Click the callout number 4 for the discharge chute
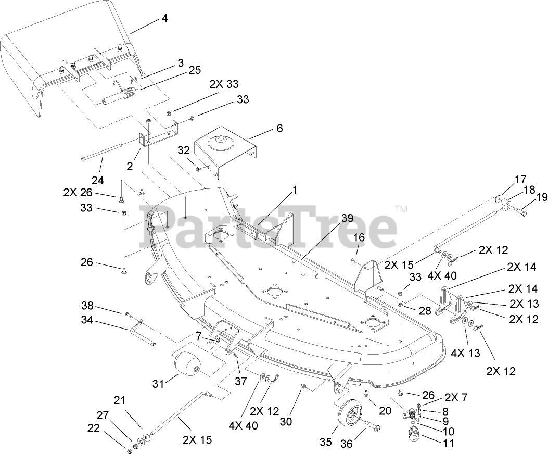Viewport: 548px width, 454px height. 164,18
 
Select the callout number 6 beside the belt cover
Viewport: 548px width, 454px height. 280,128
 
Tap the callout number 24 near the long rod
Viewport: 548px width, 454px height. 97,181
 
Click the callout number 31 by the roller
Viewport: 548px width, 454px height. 159,384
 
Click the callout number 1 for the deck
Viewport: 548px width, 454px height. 295,191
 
